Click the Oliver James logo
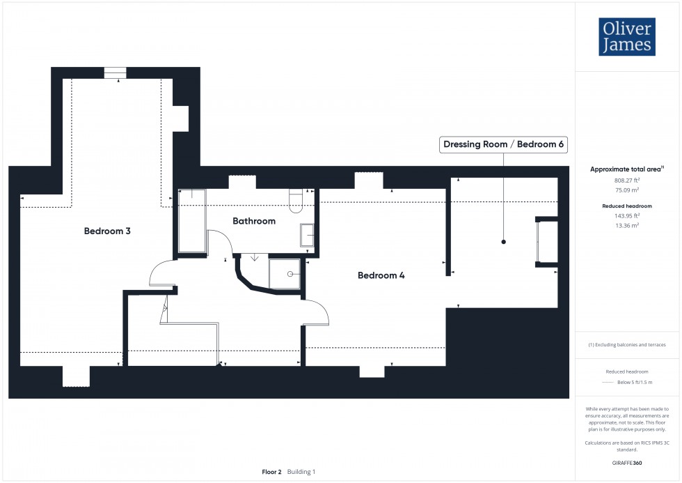tap(626, 37)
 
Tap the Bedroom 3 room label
tap(107, 231)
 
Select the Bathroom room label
tap(254, 221)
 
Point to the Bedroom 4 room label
tap(381, 275)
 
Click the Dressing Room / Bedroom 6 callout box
tap(503, 145)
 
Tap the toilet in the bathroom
tap(295, 201)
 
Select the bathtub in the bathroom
tap(192, 221)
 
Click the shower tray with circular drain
tap(285, 274)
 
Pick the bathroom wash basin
tap(307, 235)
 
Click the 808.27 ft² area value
tap(627, 180)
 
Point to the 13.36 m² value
tap(627, 225)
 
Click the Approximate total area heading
tap(626, 169)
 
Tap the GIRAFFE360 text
tap(627, 462)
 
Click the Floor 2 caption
tap(271, 472)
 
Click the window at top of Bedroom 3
tap(115, 73)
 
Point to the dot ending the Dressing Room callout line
tap(503, 242)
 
